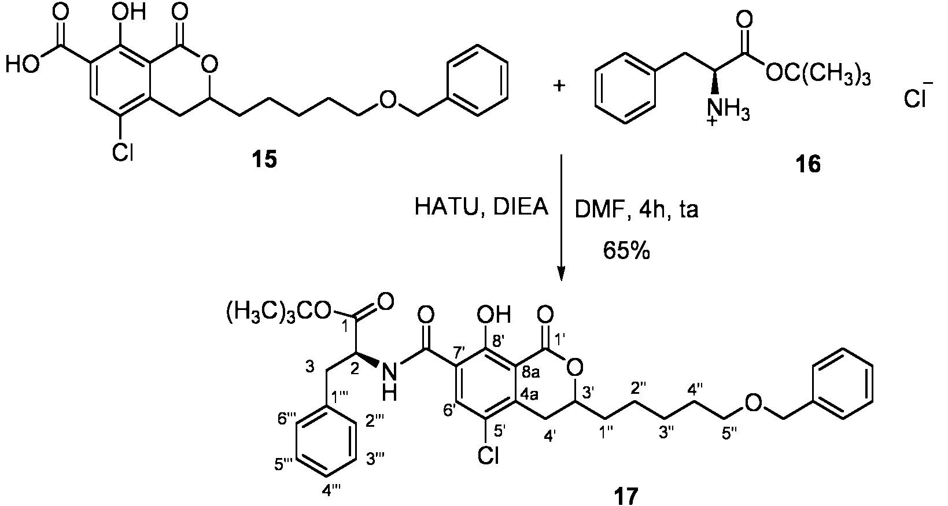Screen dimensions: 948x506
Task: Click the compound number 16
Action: (x=807, y=164)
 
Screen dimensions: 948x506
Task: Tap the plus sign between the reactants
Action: (x=559, y=86)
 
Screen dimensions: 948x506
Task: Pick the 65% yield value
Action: (x=626, y=252)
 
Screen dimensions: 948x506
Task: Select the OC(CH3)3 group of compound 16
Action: (x=818, y=76)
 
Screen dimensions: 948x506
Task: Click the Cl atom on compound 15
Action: (x=123, y=152)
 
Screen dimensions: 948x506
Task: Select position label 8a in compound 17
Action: (x=530, y=373)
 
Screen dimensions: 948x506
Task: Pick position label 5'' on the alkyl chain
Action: (x=729, y=434)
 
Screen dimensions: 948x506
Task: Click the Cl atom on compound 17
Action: (x=489, y=455)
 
